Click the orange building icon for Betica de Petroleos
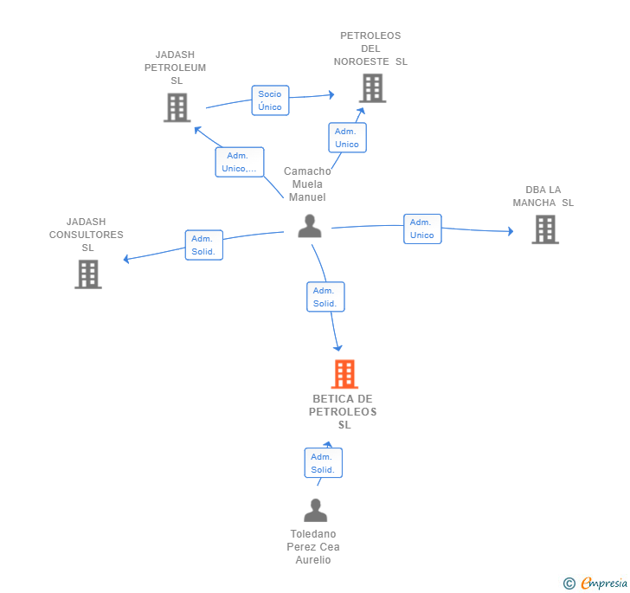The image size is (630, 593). click(x=344, y=374)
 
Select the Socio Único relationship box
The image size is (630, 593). click(x=270, y=100)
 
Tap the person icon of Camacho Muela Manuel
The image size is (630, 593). click(x=310, y=226)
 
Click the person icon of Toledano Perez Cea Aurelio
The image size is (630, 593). click(x=315, y=510)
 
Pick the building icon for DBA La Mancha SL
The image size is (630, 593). click(x=545, y=229)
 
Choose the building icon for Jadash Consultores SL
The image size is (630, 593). click(x=88, y=274)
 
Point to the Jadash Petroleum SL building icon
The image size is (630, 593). click(x=177, y=107)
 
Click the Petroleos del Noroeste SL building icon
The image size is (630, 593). click(x=372, y=88)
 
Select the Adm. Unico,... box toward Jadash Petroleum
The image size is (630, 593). click(x=240, y=162)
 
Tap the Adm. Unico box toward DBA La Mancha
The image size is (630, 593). click(x=422, y=229)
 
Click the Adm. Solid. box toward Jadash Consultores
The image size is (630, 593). click(x=203, y=245)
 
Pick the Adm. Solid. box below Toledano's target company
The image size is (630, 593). click(x=323, y=463)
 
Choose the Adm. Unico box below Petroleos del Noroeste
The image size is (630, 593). click(x=347, y=138)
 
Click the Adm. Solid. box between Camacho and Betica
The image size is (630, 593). click(x=325, y=297)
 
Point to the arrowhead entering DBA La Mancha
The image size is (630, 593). click(x=511, y=231)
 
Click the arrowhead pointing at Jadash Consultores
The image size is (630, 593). click(x=126, y=259)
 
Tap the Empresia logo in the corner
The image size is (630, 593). click(x=595, y=583)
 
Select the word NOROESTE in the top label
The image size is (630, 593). click(x=361, y=61)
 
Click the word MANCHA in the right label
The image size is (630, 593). click(x=534, y=203)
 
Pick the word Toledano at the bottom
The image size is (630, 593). click(x=313, y=534)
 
